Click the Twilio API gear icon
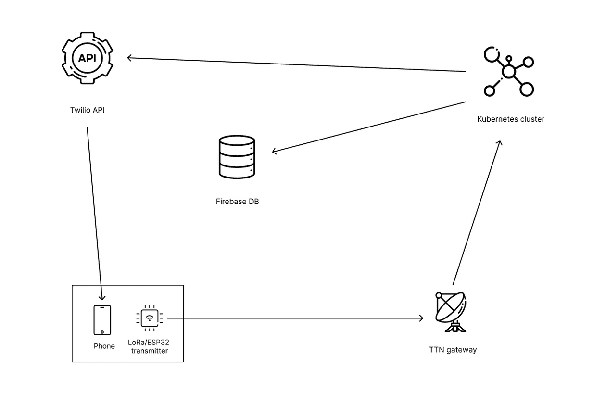coord(87,58)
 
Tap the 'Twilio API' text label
coord(87,110)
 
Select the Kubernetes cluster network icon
coord(508,72)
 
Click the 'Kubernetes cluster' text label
coord(510,119)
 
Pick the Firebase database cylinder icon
coord(237,157)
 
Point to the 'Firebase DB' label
coord(237,202)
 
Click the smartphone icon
coord(102,320)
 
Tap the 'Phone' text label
coord(104,346)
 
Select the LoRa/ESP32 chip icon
coord(150,318)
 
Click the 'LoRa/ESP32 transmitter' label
coord(148,347)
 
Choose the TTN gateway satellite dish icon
coord(451,312)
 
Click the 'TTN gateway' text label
coord(453,350)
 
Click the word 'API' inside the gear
coord(87,58)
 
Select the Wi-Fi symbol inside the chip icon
coord(150,318)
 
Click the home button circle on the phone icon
coord(102,331)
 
